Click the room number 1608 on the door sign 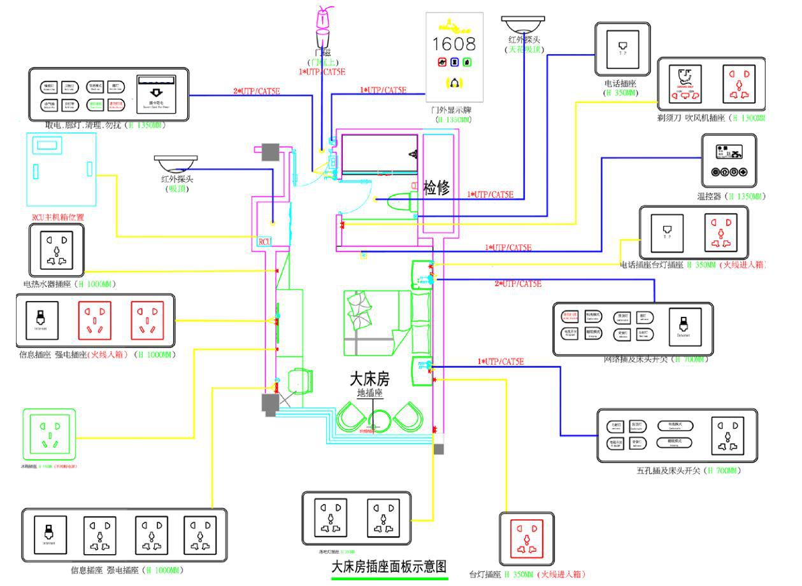(454, 44)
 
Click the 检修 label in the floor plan (436, 187)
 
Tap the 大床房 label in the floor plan (369, 379)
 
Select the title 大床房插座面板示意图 (389, 567)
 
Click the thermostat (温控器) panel (729, 160)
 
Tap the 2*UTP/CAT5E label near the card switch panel (256, 91)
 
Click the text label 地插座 (369, 394)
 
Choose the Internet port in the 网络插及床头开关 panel (685, 328)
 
